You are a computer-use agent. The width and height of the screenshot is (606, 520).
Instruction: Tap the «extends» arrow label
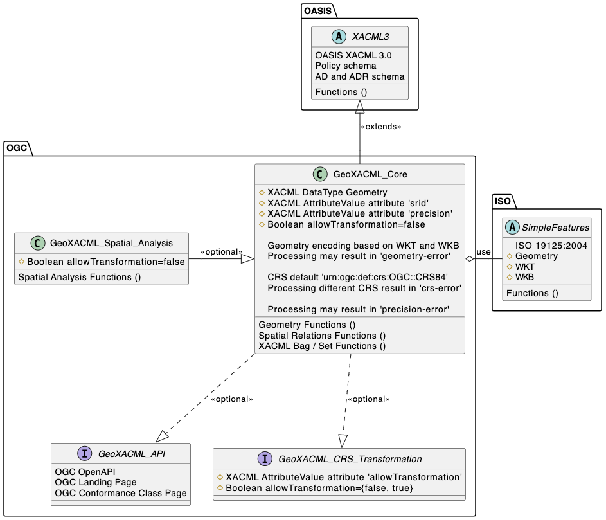coord(380,127)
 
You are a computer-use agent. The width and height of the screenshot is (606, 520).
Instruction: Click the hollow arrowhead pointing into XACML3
coord(360,107)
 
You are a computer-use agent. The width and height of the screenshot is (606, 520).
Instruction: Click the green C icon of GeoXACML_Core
coord(319,174)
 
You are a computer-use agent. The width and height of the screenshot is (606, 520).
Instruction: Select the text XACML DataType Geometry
coord(327,192)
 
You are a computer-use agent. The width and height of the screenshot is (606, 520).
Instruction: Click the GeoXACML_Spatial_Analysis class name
coord(111,243)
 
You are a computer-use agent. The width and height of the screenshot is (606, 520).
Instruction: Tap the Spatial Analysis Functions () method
coord(80,278)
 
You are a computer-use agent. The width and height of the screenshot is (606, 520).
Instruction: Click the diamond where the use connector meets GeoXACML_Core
coord(470,258)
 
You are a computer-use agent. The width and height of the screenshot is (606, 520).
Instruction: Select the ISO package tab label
coord(502,201)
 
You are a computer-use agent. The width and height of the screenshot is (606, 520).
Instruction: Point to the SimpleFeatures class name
coord(556,228)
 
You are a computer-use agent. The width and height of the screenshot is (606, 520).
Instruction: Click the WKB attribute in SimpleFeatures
coord(524,277)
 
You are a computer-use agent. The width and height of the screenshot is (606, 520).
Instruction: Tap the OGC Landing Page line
coord(96,482)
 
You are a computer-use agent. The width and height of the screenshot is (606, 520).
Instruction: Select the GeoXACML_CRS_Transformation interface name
coord(350,459)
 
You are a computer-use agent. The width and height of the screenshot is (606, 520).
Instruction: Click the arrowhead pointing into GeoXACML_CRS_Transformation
coord(343,441)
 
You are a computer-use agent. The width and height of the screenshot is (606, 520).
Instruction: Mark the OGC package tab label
coord(17,148)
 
